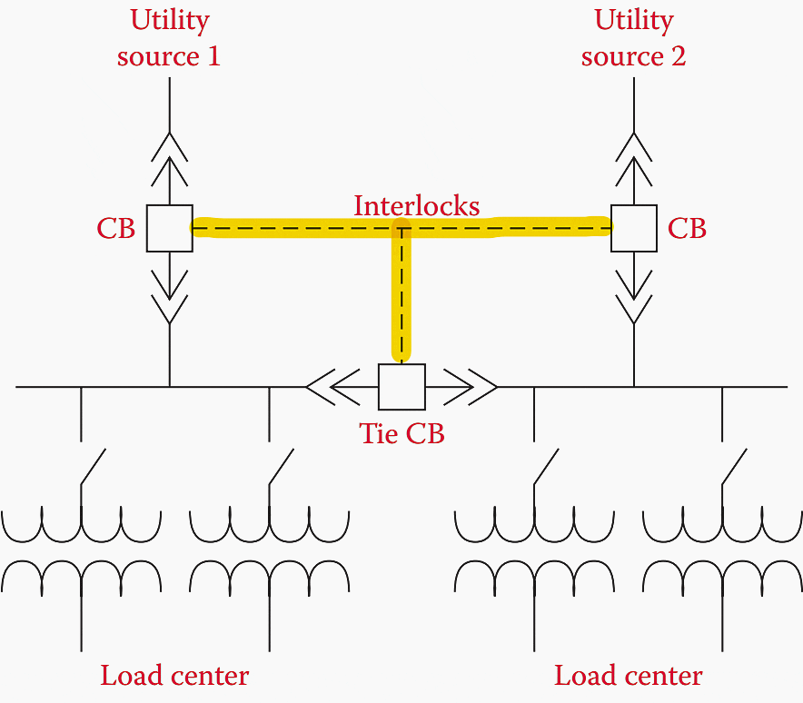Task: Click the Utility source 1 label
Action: click(x=169, y=38)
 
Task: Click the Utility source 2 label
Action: click(x=633, y=38)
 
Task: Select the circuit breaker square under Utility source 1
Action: click(x=169, y=228)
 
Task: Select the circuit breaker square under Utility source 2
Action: click(x=633, y=228)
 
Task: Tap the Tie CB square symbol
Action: click(x=401, y=387)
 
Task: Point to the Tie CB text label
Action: click(x=401, y=433)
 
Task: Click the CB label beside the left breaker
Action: click(x=115, y=229)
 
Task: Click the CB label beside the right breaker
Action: click(x=687, y=229)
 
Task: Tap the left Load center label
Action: click(x=173, y=676)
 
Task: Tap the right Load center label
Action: click(x=628, y=676)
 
